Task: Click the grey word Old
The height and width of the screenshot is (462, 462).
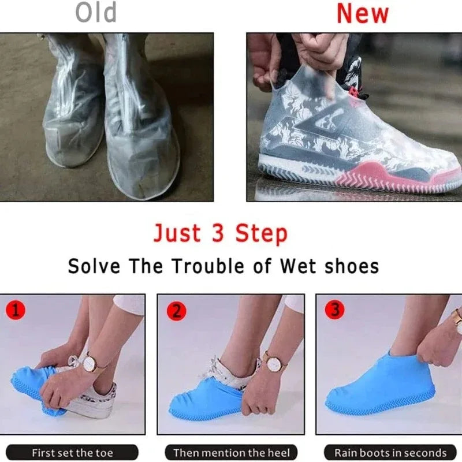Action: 95,13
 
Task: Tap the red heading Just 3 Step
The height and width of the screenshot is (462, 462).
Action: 220,233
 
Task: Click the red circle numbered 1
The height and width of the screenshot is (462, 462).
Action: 16,311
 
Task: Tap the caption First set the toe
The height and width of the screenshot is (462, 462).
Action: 72,452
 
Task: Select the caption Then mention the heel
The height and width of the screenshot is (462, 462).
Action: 231,452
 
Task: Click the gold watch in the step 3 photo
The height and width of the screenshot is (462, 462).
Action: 457,316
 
